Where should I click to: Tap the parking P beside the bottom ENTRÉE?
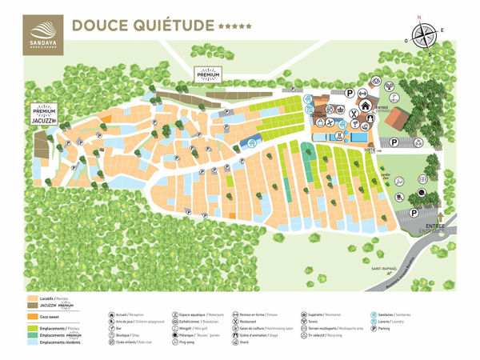point(414,213)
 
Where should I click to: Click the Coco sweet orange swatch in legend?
point(34,317)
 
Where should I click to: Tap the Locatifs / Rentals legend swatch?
point(34,297)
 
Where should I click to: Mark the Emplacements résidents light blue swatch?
point(34,342)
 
